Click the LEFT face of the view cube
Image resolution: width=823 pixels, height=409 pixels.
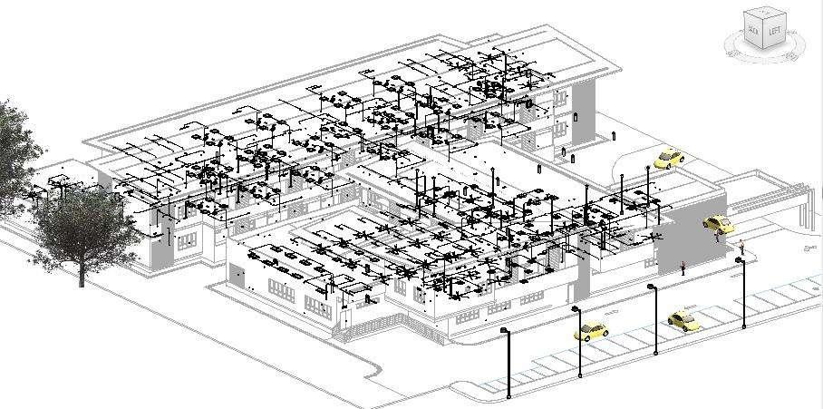(775, 32)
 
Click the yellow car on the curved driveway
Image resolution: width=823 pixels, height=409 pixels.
(669, 159)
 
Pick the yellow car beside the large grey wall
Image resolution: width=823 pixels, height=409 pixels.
(716, 223)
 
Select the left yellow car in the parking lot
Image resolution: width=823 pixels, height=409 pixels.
(590, 332)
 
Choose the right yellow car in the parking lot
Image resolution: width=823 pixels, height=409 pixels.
(682, 319)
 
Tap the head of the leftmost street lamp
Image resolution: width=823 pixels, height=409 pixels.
(505, 332)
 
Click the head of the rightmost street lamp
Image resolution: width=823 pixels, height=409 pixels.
(740, 261)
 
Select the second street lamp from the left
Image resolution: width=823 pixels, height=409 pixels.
(576, 310)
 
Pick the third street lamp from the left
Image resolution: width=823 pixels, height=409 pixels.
(652, 288)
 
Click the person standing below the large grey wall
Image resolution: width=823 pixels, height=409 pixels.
(683, 268)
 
